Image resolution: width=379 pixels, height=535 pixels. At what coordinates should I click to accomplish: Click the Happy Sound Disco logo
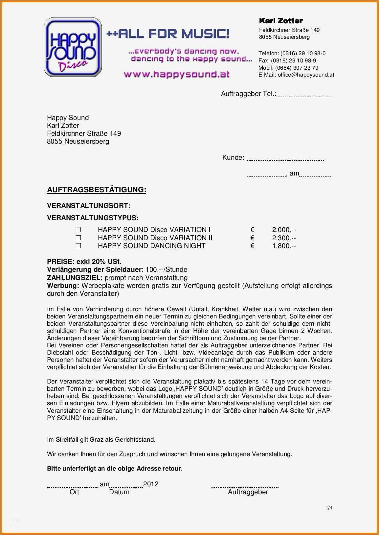(73, 48)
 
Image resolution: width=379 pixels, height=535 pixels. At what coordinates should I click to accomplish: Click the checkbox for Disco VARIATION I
(78, 230)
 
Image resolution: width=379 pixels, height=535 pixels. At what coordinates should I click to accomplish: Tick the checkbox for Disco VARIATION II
(78, 238)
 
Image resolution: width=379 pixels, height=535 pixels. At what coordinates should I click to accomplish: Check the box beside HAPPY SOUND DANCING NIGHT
(78, 246)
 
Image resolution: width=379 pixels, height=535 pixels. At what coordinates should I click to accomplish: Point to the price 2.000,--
(284, 230)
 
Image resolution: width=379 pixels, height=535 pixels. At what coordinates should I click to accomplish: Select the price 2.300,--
(284, 238)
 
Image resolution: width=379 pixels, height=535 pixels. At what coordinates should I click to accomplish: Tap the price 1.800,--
(284, 246)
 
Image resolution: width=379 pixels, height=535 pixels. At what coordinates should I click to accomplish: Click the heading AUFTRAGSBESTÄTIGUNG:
(97, 190)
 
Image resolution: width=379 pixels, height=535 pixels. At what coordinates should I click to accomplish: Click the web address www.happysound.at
(176, 74)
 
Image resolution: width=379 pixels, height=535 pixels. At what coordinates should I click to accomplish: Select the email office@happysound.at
(306, 75)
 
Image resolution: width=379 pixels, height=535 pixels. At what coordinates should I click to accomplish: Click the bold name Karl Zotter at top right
(281, 21)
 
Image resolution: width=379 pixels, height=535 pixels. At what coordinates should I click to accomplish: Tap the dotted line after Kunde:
(285, 160)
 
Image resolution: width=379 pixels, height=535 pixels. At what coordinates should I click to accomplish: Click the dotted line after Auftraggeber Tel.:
(304, 97)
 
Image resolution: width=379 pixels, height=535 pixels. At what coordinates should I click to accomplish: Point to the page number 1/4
(329, 508)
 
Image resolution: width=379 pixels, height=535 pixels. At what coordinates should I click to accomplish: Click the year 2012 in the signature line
(151, 484)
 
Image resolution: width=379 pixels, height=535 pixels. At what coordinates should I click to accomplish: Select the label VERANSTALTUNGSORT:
(89, 206)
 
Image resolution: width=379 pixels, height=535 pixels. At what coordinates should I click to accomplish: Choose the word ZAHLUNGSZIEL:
(75, 278)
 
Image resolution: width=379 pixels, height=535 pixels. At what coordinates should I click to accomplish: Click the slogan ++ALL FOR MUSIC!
(168, 34)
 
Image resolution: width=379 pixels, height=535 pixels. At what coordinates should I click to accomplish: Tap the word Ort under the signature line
(74, 492)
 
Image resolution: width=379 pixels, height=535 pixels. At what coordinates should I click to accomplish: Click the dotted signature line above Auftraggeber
(244, 487)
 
